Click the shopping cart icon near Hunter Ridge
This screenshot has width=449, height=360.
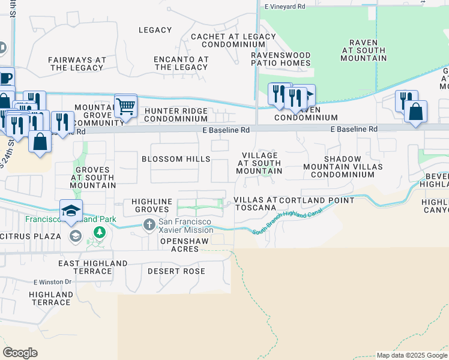125,107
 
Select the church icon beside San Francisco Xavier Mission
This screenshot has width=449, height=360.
149,226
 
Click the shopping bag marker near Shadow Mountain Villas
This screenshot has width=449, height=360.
415,112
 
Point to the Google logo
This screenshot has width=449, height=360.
20,353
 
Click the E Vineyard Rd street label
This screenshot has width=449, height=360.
285,6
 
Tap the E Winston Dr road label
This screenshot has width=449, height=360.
52,281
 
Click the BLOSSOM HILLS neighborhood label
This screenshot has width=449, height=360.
176,159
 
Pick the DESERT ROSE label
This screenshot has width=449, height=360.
176,271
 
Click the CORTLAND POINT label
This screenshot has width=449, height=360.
316,200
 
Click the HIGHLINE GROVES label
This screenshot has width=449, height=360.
148,206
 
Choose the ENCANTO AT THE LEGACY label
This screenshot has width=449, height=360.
181,64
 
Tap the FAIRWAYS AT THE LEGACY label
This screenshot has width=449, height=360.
77,64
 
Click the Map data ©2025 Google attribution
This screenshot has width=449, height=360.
412,355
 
